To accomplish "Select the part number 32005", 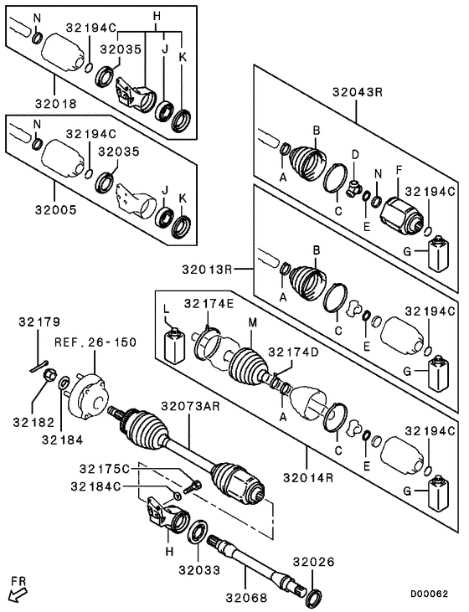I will point(55,210).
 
